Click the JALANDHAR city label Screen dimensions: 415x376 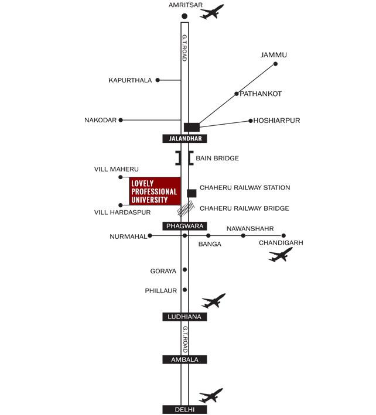click(x=185, y=139)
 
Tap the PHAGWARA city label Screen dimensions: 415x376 click(x=184, y=226)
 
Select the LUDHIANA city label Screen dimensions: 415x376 click(x=184, y=317)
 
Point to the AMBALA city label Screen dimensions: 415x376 click(x=184, y=359)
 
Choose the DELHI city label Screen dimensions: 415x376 click(x=184, y=410)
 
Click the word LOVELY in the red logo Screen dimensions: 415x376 click(x=142, y=184)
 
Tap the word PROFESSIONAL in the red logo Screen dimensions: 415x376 click(x=154, y=192)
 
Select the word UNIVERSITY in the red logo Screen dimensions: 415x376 click(x=149, y=200)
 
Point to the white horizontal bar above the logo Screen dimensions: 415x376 click(x=147, y=174)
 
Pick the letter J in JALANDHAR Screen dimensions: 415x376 click(x=170, y=139)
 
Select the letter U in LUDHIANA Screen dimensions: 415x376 click(x=175, y=317)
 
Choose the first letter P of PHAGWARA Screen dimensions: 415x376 click(x=169, y=226)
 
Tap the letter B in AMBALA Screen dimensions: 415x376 click(x=183, y=359)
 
